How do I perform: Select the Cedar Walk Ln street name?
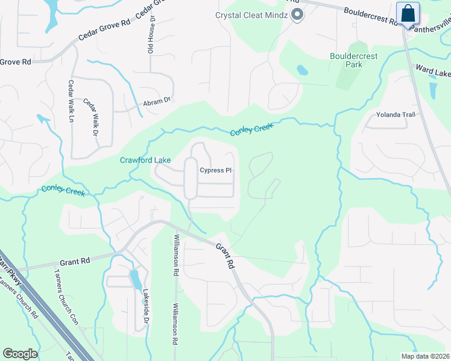click(71, 102)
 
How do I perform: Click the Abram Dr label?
click(157, 102)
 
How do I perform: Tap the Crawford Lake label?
click(145, 160)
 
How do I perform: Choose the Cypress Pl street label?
click(216, 170)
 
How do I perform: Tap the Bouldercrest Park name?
click(353, 60)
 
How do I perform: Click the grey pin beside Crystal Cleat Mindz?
click(297, 15)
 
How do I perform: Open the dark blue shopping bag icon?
click(408, 13)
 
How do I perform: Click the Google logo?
click(20, 354)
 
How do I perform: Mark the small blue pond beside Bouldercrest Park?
click(302, 70)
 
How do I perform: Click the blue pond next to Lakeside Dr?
click(136, 280)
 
